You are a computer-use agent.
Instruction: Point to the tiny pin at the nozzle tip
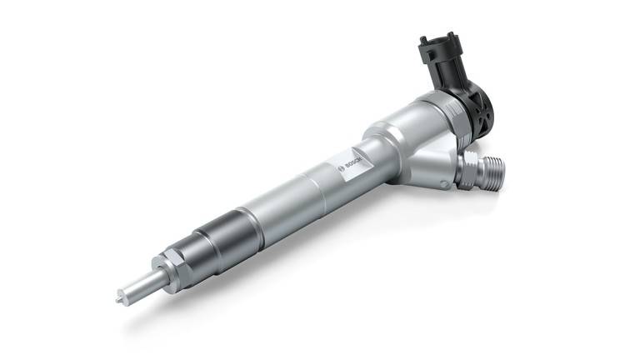coord(119,294)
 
